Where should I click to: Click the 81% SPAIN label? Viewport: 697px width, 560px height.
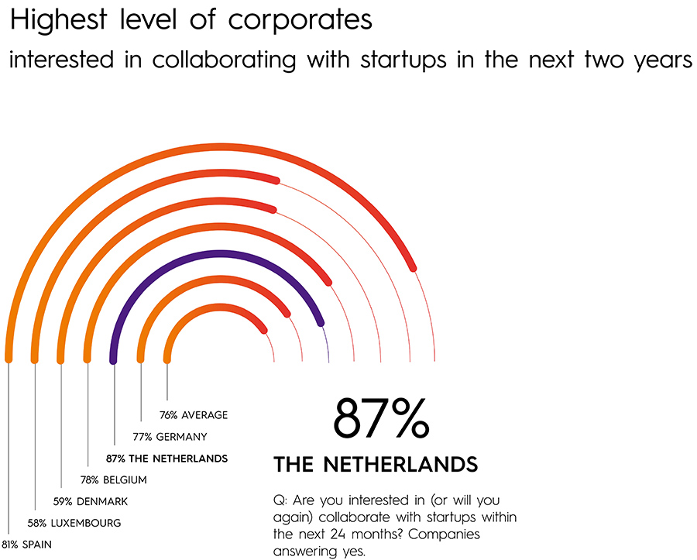pyautogui.click(x=28, y=544)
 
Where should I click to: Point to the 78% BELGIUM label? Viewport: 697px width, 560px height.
pyautogui.click(x=114, y=479)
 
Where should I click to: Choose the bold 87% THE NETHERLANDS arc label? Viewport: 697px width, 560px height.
pyautogui.click(x=167, y=458)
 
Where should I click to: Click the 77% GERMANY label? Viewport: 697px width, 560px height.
pyautogui.click(x=170, y=436)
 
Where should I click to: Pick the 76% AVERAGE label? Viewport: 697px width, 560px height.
pyautogui.click(x=194, y=414)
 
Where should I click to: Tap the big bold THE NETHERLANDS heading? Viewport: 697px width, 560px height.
pyautogui.click(x=376, y=465)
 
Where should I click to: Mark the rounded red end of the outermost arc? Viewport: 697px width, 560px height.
pyautogui.click(x=412, y=267)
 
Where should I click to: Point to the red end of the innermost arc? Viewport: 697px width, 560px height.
pyautogui.click(x=264, y=330)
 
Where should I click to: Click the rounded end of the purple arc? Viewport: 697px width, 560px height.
pyautogui.click(x=319, y=321)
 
